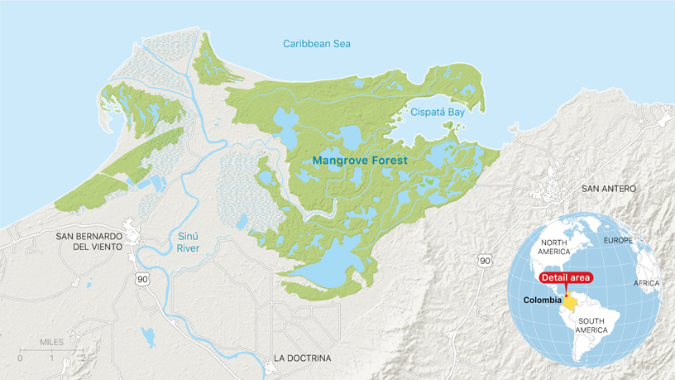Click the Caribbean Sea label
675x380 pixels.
point(317,43)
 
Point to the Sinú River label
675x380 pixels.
point(189,241)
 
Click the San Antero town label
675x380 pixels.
point(609,189)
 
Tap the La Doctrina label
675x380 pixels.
point(302,358)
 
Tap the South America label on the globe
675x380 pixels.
point(596,325)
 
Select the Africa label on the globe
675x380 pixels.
point(647,283)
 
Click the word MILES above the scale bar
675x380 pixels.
point(51,341)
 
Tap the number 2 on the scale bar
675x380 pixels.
point(82,358)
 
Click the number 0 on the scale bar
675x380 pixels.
point(20,358)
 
